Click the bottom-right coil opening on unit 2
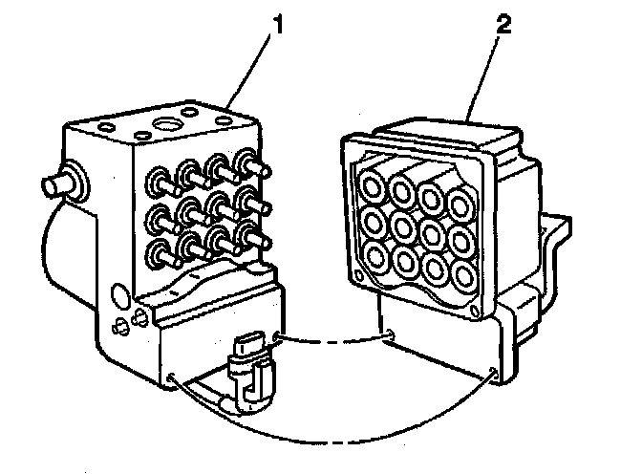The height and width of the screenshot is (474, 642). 463,275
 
